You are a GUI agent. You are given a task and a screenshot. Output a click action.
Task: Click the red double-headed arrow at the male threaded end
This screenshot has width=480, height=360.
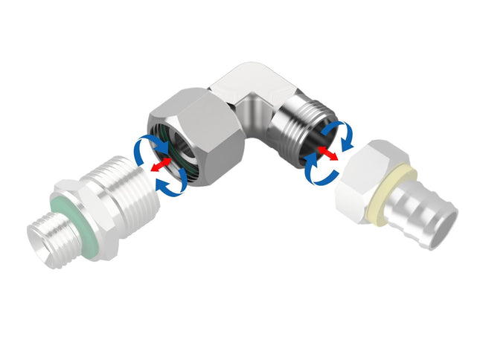tap(325, 154)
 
